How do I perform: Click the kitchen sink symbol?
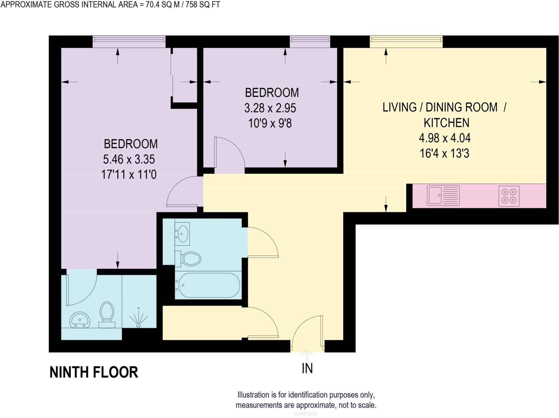click(x=443, y=195)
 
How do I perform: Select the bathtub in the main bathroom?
click(x=209, y=285)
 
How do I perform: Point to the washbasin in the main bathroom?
click(x=183, y=234)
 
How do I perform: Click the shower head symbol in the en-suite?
click(x=138, y=318)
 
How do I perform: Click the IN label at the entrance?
click(x=307, y=369)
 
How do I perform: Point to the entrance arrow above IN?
click(x=307, y=354)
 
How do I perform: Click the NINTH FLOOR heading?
click(x=94, y=372)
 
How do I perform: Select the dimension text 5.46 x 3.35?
click(x=129, y=159)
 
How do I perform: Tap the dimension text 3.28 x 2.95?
click(x=270, y=108)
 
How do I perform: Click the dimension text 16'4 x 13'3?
click(x=444, y=153)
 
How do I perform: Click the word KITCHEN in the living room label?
click(x=446, y=123)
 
